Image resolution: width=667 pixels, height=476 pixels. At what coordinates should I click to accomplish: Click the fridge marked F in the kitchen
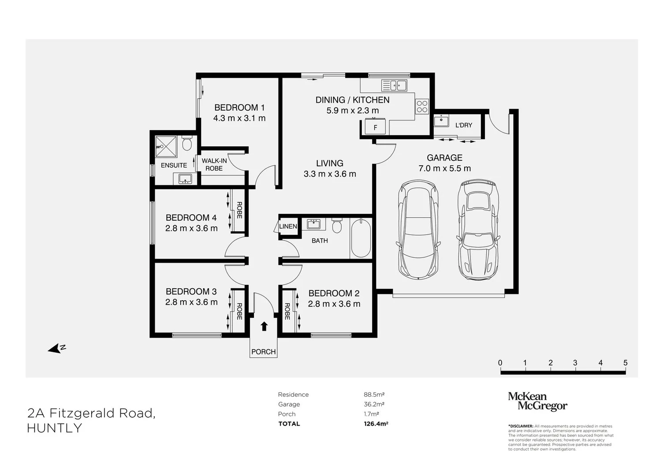[x=375, y=127]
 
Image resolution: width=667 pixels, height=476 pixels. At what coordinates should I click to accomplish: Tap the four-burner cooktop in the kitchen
[x=422, y=107]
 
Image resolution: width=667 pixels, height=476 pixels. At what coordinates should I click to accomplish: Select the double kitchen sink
[x=394, y=86]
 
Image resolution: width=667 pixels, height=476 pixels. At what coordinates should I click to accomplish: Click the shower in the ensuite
[x=166, y=146]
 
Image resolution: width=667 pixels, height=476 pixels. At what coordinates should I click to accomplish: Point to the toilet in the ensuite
[x=187, y=144]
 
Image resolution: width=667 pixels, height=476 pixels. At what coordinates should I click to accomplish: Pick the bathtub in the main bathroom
[x=361, y=238]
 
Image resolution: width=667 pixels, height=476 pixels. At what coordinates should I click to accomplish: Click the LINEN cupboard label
[x=288, y=227]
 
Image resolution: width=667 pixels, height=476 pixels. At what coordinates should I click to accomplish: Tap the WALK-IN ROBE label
[x=214, y=165]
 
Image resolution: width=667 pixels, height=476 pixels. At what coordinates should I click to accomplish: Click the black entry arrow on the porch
[x=264, y=326]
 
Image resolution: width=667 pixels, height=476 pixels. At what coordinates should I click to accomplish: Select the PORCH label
[x=264, y=352]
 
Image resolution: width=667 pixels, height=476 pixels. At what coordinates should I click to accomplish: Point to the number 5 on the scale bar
[x=625, y=363]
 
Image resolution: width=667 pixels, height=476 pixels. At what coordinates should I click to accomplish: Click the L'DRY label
[x=464, y=125]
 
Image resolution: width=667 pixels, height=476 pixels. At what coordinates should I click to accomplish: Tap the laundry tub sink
[x=441, y=121]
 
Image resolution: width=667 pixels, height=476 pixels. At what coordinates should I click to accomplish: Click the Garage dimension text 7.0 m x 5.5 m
[x=444, y=168]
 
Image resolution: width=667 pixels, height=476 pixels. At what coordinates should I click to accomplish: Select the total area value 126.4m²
[x=376, y=424]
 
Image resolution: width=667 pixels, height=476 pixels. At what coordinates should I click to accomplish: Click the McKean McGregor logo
[x=537, y=401]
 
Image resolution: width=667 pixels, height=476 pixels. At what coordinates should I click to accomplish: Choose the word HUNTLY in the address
[x=55, y=428]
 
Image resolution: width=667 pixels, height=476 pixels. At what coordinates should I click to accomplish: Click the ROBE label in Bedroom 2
[x=287, y=311]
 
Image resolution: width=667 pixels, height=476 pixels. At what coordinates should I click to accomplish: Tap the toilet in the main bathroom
[x=337, y=225]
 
